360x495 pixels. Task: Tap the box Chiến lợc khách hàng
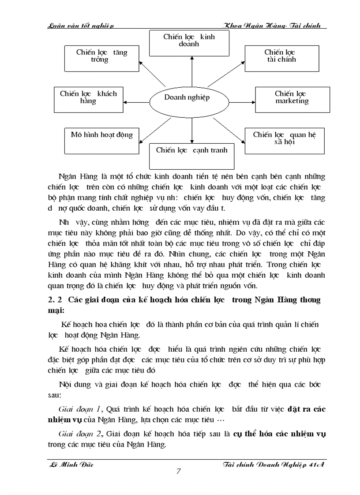[x=88, y=99]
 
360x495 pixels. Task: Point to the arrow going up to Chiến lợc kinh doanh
[x=192, y=71]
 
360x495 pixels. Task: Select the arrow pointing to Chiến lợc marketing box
[x=242, y=98]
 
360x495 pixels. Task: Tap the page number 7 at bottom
[x=178, y=471]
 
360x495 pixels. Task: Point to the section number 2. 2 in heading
[x=55, y=300]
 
